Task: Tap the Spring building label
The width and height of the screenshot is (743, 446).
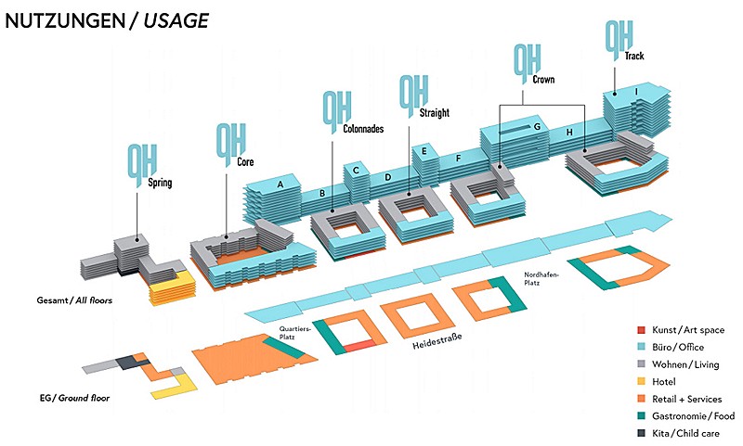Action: click(160, 183)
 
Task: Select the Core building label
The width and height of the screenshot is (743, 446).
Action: click(246, 161)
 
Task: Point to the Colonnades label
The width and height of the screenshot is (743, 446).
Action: click(363, 129)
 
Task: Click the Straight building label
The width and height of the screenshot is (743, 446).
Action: click(435, 113)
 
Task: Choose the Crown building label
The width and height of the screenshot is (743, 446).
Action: click(544, 80)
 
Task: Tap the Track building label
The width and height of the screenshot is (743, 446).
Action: click(634, 57)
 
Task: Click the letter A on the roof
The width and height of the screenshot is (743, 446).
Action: click(280, 185)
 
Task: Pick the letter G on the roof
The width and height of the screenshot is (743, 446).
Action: click(537, 126)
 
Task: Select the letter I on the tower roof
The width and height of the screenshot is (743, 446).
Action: click(635, 91)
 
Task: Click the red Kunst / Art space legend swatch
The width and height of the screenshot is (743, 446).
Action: click(641, 330)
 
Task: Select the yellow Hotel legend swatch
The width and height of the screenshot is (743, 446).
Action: click(641, 381)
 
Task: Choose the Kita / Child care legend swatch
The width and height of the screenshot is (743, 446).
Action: click(641, 433)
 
